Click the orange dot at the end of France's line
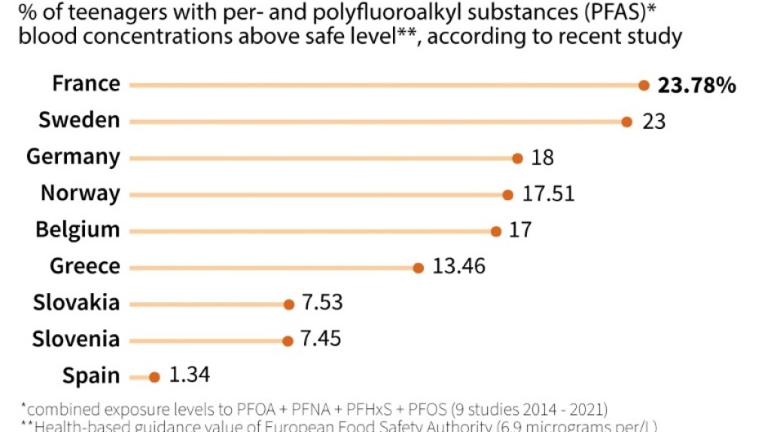(x=644, y=84)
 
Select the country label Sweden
(x=79, y=120)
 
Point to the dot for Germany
(x=517, y=158)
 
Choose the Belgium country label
(x=78, y=230)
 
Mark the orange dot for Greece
(x=417, y=268)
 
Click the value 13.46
(x=459, y=266)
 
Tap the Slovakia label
(x=77, y=303)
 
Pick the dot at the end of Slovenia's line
(x=287, y=341)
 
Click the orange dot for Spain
(x=154, y=376)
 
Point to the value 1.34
(x=190, y=376)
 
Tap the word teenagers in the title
(x=92, y=14)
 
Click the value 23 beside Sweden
(x=654, y=122)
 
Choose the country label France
(x=86, y=83)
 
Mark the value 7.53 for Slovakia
(x=322, y=303)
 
